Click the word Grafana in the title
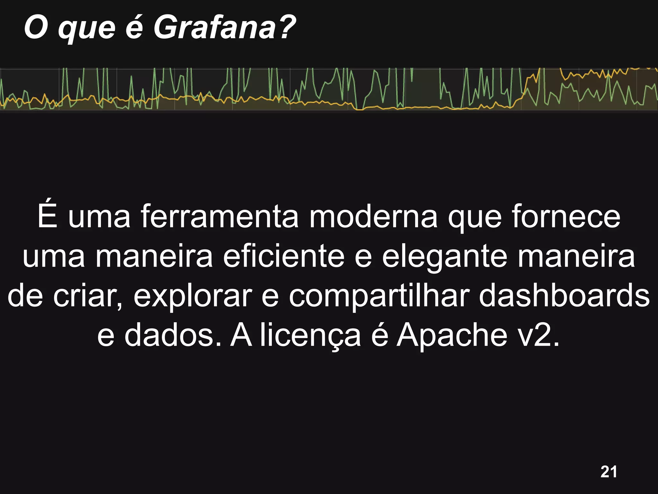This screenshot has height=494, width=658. pos(215,28)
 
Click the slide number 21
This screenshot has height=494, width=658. pos(609,472)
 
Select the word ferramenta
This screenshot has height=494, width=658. pos(220,217)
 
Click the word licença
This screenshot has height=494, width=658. pos(310,336)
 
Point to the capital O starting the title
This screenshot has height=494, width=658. pos(36,28)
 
